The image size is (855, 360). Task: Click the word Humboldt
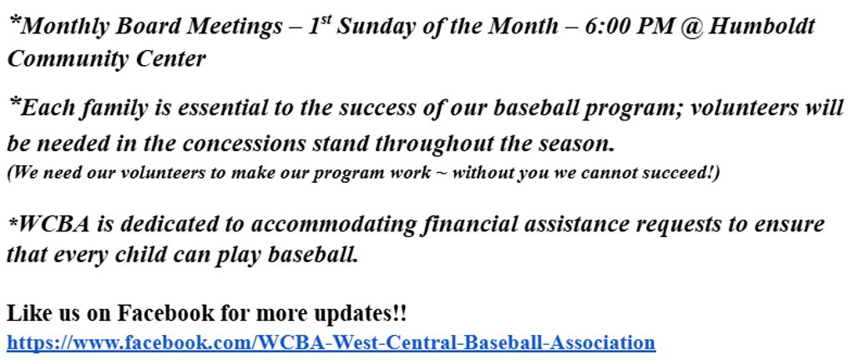pyautogui.click(x=761, y=26)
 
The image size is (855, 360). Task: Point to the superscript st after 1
pyautogui.click(x=326, y=20)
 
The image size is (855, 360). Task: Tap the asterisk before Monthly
pyautogui.click(x=15, y=22)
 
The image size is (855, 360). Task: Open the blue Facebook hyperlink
pyautogui.click(x=331, y=342)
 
